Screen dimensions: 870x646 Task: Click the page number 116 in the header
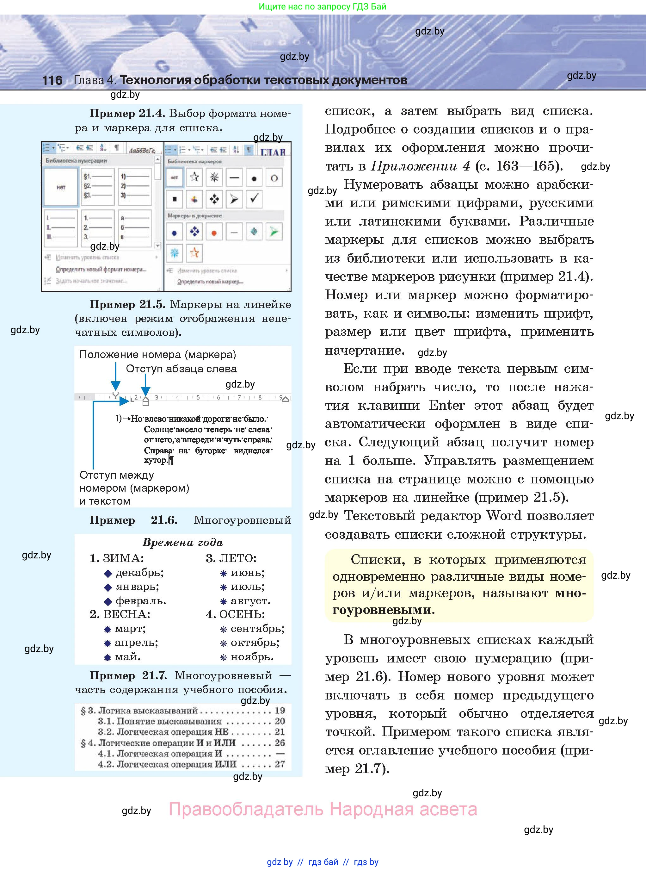point(52,80)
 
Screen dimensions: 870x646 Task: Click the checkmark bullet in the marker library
point(254,199)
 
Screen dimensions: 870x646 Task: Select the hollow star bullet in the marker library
point(194,177)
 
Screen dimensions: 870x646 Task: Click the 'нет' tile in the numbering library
point(61,187)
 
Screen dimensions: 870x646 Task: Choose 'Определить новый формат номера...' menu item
point(101,269)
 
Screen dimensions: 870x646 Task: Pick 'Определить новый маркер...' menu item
point(210,281)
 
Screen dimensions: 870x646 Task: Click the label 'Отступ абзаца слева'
point(181,369)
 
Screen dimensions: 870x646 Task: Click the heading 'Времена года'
point(183,542)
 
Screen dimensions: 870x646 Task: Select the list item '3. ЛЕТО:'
point(231,558)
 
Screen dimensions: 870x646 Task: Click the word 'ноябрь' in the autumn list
point(252,657)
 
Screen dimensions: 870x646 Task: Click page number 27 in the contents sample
point(280,764)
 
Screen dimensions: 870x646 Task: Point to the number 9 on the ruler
point(281,397)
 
